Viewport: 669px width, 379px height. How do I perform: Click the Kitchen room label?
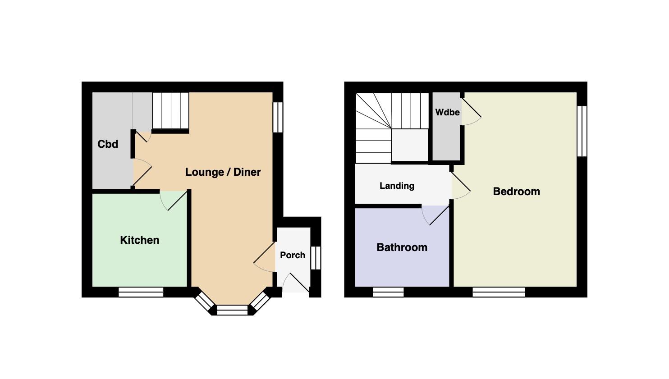tap(139, 240)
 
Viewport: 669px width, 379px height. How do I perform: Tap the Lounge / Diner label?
tap(223, 172)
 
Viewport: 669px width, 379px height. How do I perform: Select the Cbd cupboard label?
tap(108, 144)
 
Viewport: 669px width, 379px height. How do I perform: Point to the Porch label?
tap(293, 255)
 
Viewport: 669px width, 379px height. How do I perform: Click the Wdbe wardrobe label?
tap(447, 112)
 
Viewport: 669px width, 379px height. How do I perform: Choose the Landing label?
tap(397, 186)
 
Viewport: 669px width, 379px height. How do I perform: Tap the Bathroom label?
tap(402, 247)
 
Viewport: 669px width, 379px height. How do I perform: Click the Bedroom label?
tap(516, 192)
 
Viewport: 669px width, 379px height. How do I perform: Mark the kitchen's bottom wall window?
tap(141, 292)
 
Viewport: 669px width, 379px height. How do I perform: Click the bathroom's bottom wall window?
tap(388, 292)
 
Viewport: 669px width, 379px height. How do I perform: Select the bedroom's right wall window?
tap(582, 131)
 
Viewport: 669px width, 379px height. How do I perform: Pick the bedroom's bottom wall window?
tap(499, 292)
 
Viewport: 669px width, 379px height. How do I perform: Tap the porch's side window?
tap(316, 258)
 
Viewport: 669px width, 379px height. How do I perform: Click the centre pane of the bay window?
tap(232, 310)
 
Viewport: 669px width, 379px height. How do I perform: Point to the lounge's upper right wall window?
tap(278, 117)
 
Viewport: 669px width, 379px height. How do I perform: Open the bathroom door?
tap(435, 215)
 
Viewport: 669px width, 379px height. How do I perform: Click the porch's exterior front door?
tap(296, 283)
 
